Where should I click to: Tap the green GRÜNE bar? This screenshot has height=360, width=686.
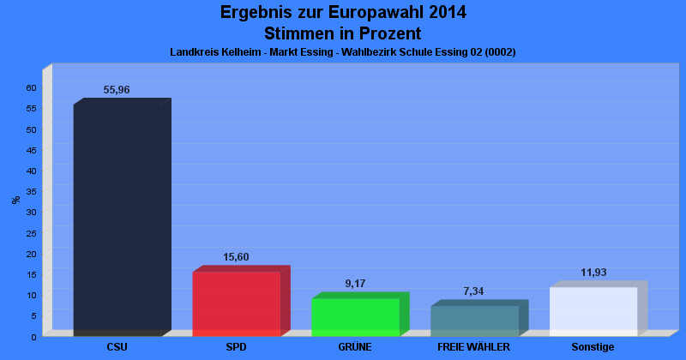(x=355, y=316)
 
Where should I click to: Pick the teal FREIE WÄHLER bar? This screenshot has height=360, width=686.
(x=474, y=321)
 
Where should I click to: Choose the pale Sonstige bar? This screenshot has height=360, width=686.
(x=593, y=311)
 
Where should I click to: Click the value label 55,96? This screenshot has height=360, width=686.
(x=117, y=90)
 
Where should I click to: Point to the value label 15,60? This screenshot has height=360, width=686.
(x=236, y=257)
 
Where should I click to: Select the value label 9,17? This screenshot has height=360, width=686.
(x=355, y=284)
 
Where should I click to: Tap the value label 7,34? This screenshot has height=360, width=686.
(x=473, y=291)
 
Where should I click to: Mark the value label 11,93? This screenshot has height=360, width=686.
(x=593, y=273)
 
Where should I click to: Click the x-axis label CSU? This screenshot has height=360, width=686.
(x=117, y=347)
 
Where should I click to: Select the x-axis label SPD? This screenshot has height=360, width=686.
(x=236, y=347)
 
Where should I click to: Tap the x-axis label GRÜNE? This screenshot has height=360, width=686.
(x=355, y=347)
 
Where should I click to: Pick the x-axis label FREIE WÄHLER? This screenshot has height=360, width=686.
(x=473, y=347)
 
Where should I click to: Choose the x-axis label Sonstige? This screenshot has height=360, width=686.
(x=593, y=347)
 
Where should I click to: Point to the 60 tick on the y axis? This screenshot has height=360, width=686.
(x=31, y=87)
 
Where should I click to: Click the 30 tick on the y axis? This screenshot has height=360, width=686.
(x=31, y=212)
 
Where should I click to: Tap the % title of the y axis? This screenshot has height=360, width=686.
(x=16, y=200)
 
